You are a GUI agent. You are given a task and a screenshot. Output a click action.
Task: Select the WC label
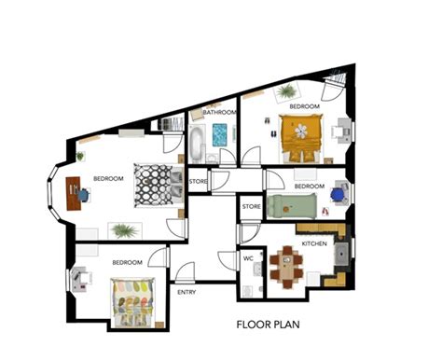pyautogui.click(x=248, y=258)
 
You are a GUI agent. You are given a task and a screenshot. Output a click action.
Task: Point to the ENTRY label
pyautogui.click(x=186, y=292)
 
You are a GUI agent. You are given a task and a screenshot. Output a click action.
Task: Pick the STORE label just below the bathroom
pyautogui.click(x=199, y=181)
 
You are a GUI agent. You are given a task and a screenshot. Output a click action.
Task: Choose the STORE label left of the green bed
pyautogui.click(x=251, y=205)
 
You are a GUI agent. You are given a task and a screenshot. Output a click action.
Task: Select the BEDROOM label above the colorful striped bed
pyautogui.click(x=128, y=263)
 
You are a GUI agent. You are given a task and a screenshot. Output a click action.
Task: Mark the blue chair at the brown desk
pyautogui.click(x=86, y=195)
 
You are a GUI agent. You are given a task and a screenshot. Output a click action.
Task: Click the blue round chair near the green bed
pyautogui.click(x=338, y=193)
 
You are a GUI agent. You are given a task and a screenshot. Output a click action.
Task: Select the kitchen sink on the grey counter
pyautogui.click(x=342, y=252)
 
